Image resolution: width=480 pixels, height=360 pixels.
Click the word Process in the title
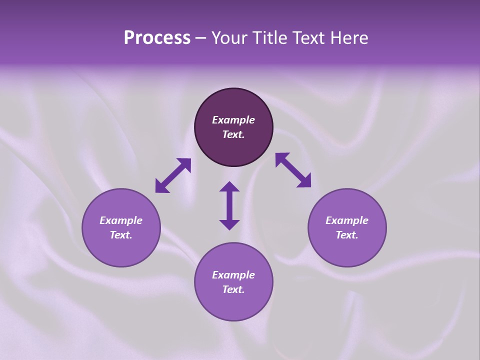[x=157, y=38]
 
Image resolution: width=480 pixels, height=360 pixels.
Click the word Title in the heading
[x=270, y=38]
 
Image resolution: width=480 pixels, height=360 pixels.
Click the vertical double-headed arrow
[x=229, y=205]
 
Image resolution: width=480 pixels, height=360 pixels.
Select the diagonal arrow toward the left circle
[x=173, y=175]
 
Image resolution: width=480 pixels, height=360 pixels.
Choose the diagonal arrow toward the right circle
[x=293, y=170]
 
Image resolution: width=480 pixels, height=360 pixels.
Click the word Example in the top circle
[x=233, y=120]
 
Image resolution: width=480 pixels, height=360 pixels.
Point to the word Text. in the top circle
[x=233, y=134]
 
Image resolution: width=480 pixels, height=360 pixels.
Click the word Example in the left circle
[x=121, y=220]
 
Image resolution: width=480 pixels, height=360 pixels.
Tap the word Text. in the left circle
[x=121, y=235]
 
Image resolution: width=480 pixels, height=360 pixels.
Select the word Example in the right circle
[x=347, y=220]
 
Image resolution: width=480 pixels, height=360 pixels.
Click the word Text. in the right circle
[x=347, y=235]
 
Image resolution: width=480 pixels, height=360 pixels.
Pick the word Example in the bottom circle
[x=233, y=275]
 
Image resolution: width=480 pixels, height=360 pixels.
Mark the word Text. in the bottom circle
[x=233, y=289]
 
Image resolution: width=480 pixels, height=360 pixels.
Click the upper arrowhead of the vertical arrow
[x=229, y=186]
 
